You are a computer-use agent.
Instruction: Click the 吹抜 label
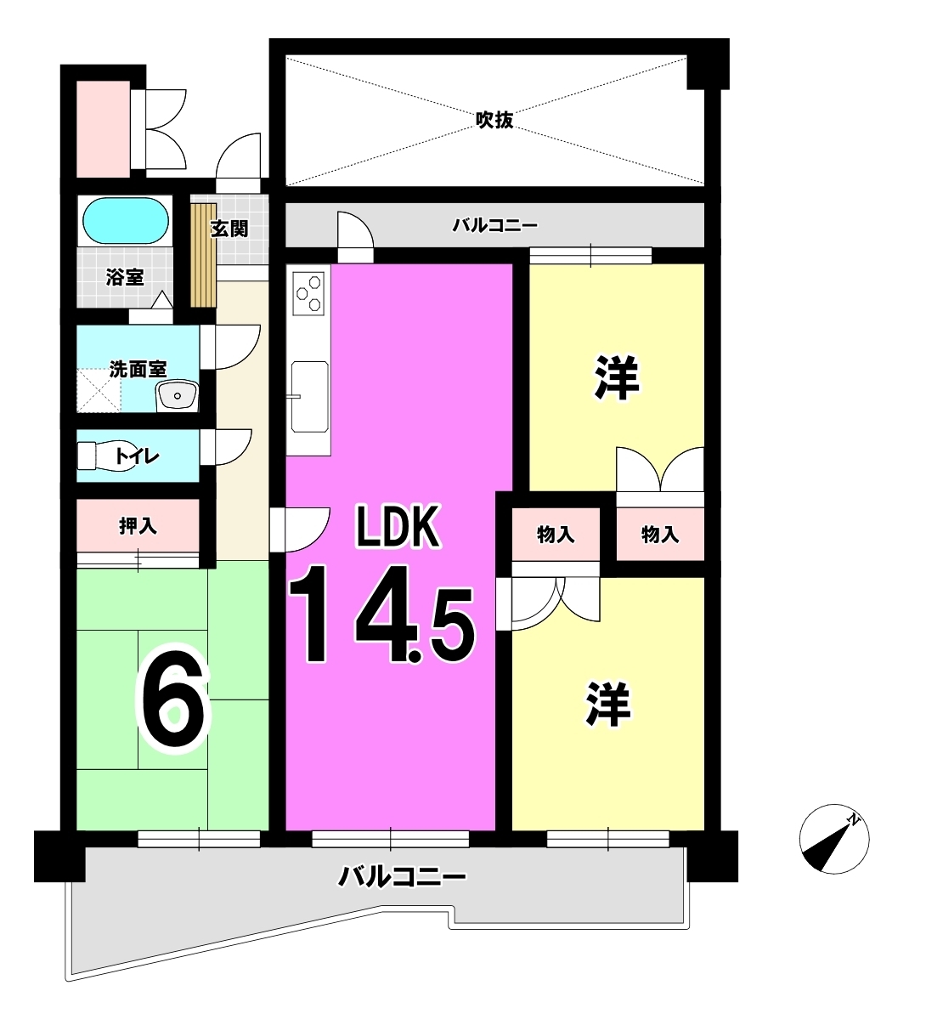coord(494,120)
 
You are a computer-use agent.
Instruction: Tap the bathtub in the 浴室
coord(125,221)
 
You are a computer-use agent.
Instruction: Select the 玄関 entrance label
coord(229,229)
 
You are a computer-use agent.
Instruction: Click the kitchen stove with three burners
coord(308,293)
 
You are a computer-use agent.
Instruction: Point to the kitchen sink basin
coord(309,397)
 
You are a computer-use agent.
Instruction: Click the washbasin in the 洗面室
coord(177,395)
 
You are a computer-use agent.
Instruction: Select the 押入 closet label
coord(138,526)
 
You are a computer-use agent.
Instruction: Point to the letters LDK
coord(398,526)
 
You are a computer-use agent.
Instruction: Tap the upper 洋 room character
coord(617,377)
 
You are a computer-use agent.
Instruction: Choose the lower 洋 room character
coord(608,704)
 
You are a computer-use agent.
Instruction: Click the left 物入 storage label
coord(556,535)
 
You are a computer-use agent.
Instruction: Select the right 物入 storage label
coord(660,535)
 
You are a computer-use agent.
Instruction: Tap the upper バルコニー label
coord(495,225)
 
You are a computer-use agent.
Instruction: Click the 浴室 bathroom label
coord(125,277)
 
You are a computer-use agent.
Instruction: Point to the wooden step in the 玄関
coord(203,255)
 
